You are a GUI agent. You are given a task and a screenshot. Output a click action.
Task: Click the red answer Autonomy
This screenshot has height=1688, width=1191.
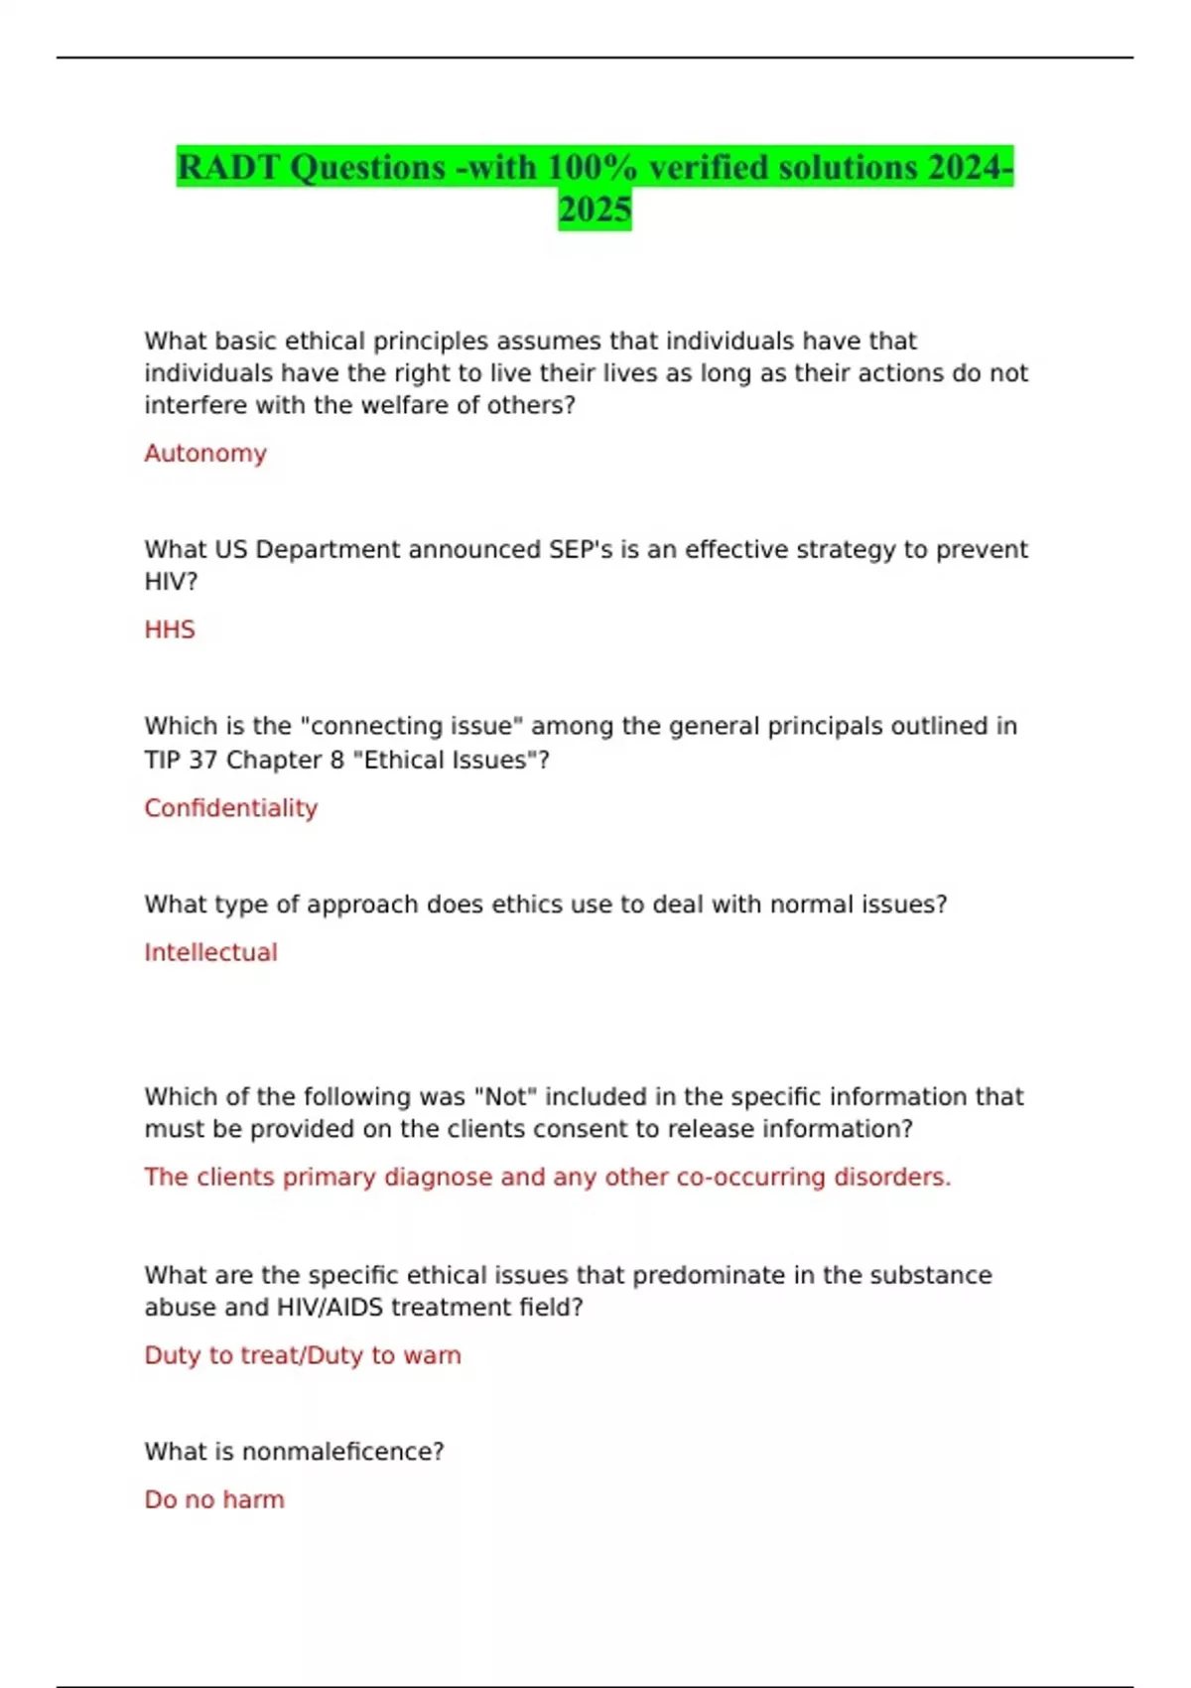coord(205,454)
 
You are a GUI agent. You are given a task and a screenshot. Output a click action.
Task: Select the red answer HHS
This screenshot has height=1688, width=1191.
coord(170,630)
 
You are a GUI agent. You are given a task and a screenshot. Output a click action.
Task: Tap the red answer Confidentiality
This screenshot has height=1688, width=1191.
coord(230,808)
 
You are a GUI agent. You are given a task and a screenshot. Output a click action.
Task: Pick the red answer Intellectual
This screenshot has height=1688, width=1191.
coord(210,952)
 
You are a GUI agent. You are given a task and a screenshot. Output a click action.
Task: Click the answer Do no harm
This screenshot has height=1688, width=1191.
coord(214,1499)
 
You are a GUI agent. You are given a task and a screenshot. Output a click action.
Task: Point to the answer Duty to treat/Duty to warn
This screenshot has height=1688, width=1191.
coord(303,1355)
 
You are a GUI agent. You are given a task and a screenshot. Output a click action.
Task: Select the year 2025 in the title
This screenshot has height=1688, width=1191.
coord(595,210)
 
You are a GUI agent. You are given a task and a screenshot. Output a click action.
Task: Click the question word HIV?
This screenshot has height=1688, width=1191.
coord(172,582)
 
